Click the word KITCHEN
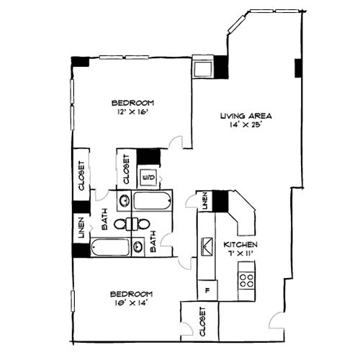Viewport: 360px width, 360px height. [x=239, y=245]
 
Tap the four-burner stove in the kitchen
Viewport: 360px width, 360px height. [x=246, y=279]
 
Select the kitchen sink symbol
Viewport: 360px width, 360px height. [x=207, y=247]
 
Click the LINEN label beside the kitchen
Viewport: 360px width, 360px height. [x=204, y=201]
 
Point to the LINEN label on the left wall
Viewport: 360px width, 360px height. [x=81, y=230]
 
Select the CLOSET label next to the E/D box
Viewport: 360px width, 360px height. [x=125, y=171]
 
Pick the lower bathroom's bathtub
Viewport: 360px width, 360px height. [x=109, y=249]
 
